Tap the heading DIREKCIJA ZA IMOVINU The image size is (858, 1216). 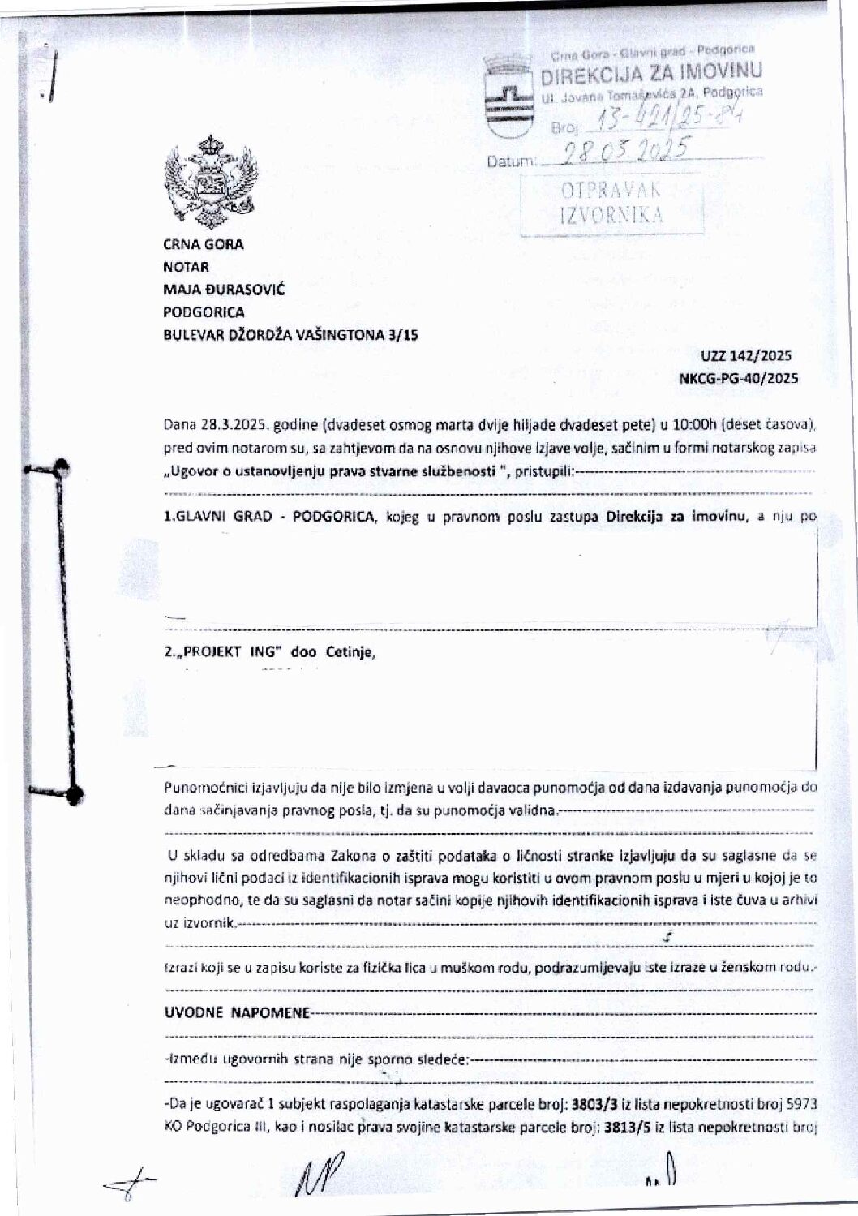tap(651, 75)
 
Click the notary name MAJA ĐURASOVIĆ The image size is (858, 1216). tap(224, 290)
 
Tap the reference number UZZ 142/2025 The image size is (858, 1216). tap(746, 355)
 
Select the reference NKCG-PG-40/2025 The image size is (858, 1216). tap(738, 378)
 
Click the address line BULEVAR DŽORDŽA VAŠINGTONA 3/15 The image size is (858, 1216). tap(290, 334)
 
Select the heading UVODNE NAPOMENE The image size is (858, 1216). tap(237, 1013)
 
